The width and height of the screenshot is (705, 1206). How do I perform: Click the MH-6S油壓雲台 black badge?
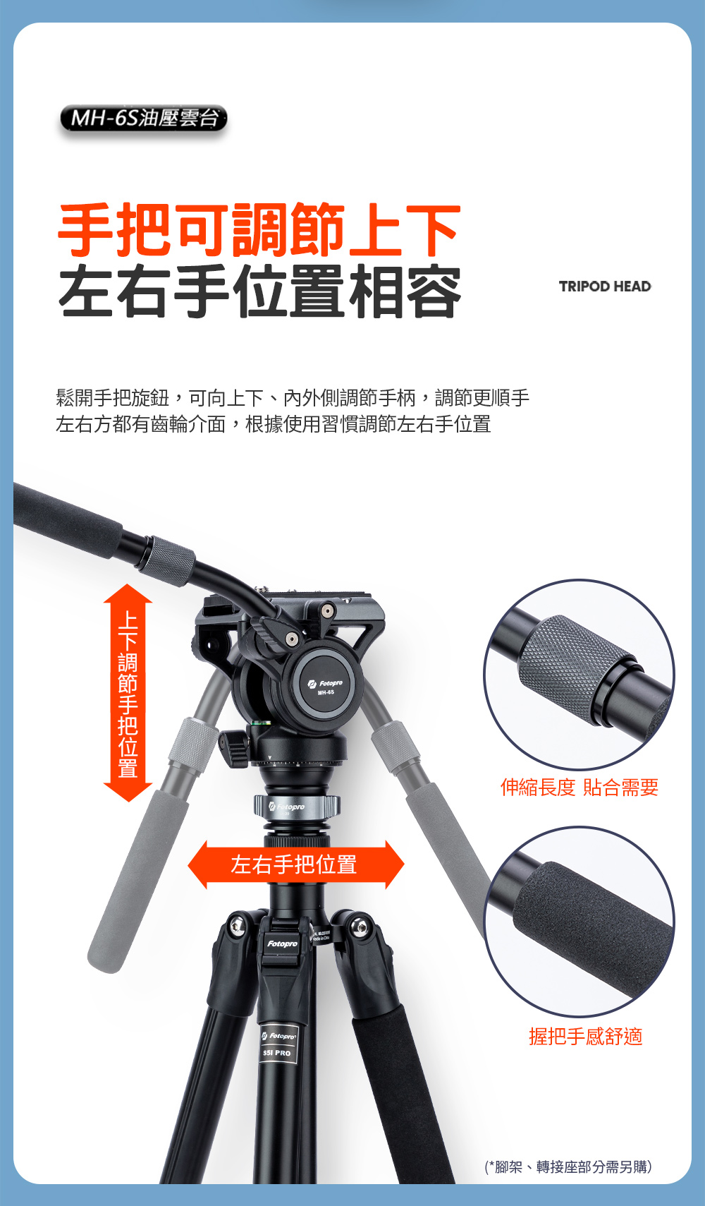click(143, 118)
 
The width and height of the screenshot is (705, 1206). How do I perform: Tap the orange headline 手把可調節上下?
click(259, 230)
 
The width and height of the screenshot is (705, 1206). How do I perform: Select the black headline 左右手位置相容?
click(259, 291)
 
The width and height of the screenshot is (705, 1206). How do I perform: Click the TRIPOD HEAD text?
click(605, 287)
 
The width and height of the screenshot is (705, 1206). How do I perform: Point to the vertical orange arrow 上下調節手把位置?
click(128, 693)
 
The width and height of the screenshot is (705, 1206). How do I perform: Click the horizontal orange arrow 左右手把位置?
click(296, 864)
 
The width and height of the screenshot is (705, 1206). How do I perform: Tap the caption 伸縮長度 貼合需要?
click(580, 787)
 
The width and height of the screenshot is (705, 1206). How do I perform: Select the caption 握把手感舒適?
click(586, 1036)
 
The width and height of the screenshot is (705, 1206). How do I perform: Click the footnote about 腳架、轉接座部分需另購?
click(568, 1166)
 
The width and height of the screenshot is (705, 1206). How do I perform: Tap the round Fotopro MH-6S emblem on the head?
click(325, 686)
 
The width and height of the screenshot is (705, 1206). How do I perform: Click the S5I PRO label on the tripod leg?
click(277, 1053)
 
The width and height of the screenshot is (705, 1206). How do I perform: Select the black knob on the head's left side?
click(235, 748)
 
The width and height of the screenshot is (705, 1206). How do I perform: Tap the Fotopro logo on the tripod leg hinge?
click(282, 943)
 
